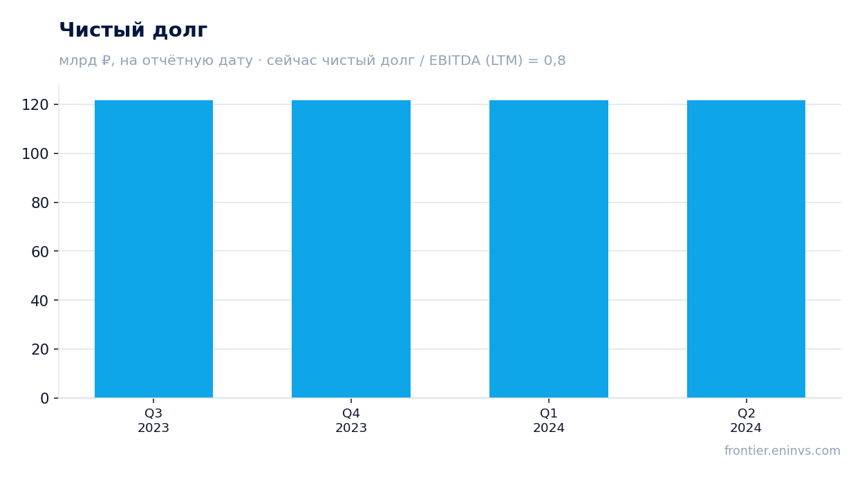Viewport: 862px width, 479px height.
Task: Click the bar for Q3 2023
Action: (153, 249)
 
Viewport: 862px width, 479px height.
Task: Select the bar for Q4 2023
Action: (351, 249)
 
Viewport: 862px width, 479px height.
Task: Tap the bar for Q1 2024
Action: (549, 249)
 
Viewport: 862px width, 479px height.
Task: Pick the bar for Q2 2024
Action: (746, 249)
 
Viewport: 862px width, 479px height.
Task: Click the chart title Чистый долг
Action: (133, 30)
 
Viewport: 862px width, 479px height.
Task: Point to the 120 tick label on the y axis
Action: (35, 104)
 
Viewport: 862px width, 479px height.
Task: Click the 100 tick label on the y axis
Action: (35, 154)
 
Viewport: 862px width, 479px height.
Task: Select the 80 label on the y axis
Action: (40, 203)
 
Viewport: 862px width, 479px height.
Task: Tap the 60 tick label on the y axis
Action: (40, 252)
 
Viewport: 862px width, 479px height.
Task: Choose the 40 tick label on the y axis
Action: (40, 301)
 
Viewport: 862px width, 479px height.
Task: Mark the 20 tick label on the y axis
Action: (40, 349)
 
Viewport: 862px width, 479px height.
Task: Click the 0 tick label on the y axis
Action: (45, 398)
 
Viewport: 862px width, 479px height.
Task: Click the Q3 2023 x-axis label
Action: (153, 420)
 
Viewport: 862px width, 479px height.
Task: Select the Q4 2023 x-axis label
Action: (351, 420)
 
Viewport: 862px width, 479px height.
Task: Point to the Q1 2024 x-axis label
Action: (549, 420)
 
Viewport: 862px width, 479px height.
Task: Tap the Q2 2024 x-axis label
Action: (746, 420)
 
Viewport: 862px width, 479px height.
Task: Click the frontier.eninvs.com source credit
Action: (783, 451)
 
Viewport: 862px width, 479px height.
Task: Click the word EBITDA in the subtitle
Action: (455, 60)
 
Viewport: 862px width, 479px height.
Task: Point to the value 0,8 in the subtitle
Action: (554, 60)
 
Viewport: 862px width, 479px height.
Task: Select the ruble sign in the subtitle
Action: (106, 60)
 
